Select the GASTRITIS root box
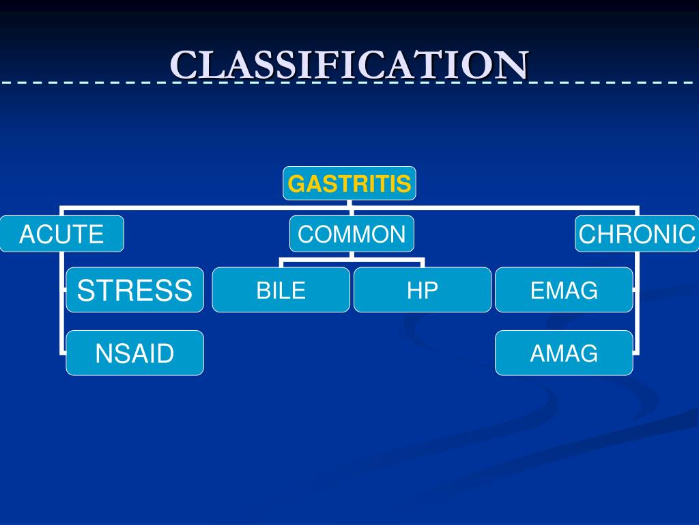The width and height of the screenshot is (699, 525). tap(349, 183)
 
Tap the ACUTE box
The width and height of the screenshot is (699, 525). tap(61, 234)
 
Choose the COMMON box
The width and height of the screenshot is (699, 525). tap(352, 234)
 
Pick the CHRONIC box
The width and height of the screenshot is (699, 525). tap(637, 234)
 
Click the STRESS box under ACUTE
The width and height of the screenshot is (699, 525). tap(134, 290)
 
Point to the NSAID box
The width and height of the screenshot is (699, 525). tap(134, 353)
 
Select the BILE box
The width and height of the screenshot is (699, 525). tap(281, 290)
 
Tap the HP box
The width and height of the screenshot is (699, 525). tap(422, 290)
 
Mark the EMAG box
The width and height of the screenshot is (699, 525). tap(564, 290)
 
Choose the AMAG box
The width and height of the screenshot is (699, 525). tap(564, 353)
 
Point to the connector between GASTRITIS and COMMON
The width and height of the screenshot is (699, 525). tap(349, 209)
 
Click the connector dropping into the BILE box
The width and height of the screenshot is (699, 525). tap(281, 263)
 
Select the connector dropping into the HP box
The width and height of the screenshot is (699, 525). tap(423, 263)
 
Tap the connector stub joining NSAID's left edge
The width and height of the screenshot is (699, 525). tap(63, 353)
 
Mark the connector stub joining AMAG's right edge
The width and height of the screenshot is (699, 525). tap(636, 353)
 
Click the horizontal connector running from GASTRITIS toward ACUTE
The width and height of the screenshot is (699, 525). tap(205, 206)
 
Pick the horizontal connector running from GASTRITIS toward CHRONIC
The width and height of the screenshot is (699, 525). tap(491, 206)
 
